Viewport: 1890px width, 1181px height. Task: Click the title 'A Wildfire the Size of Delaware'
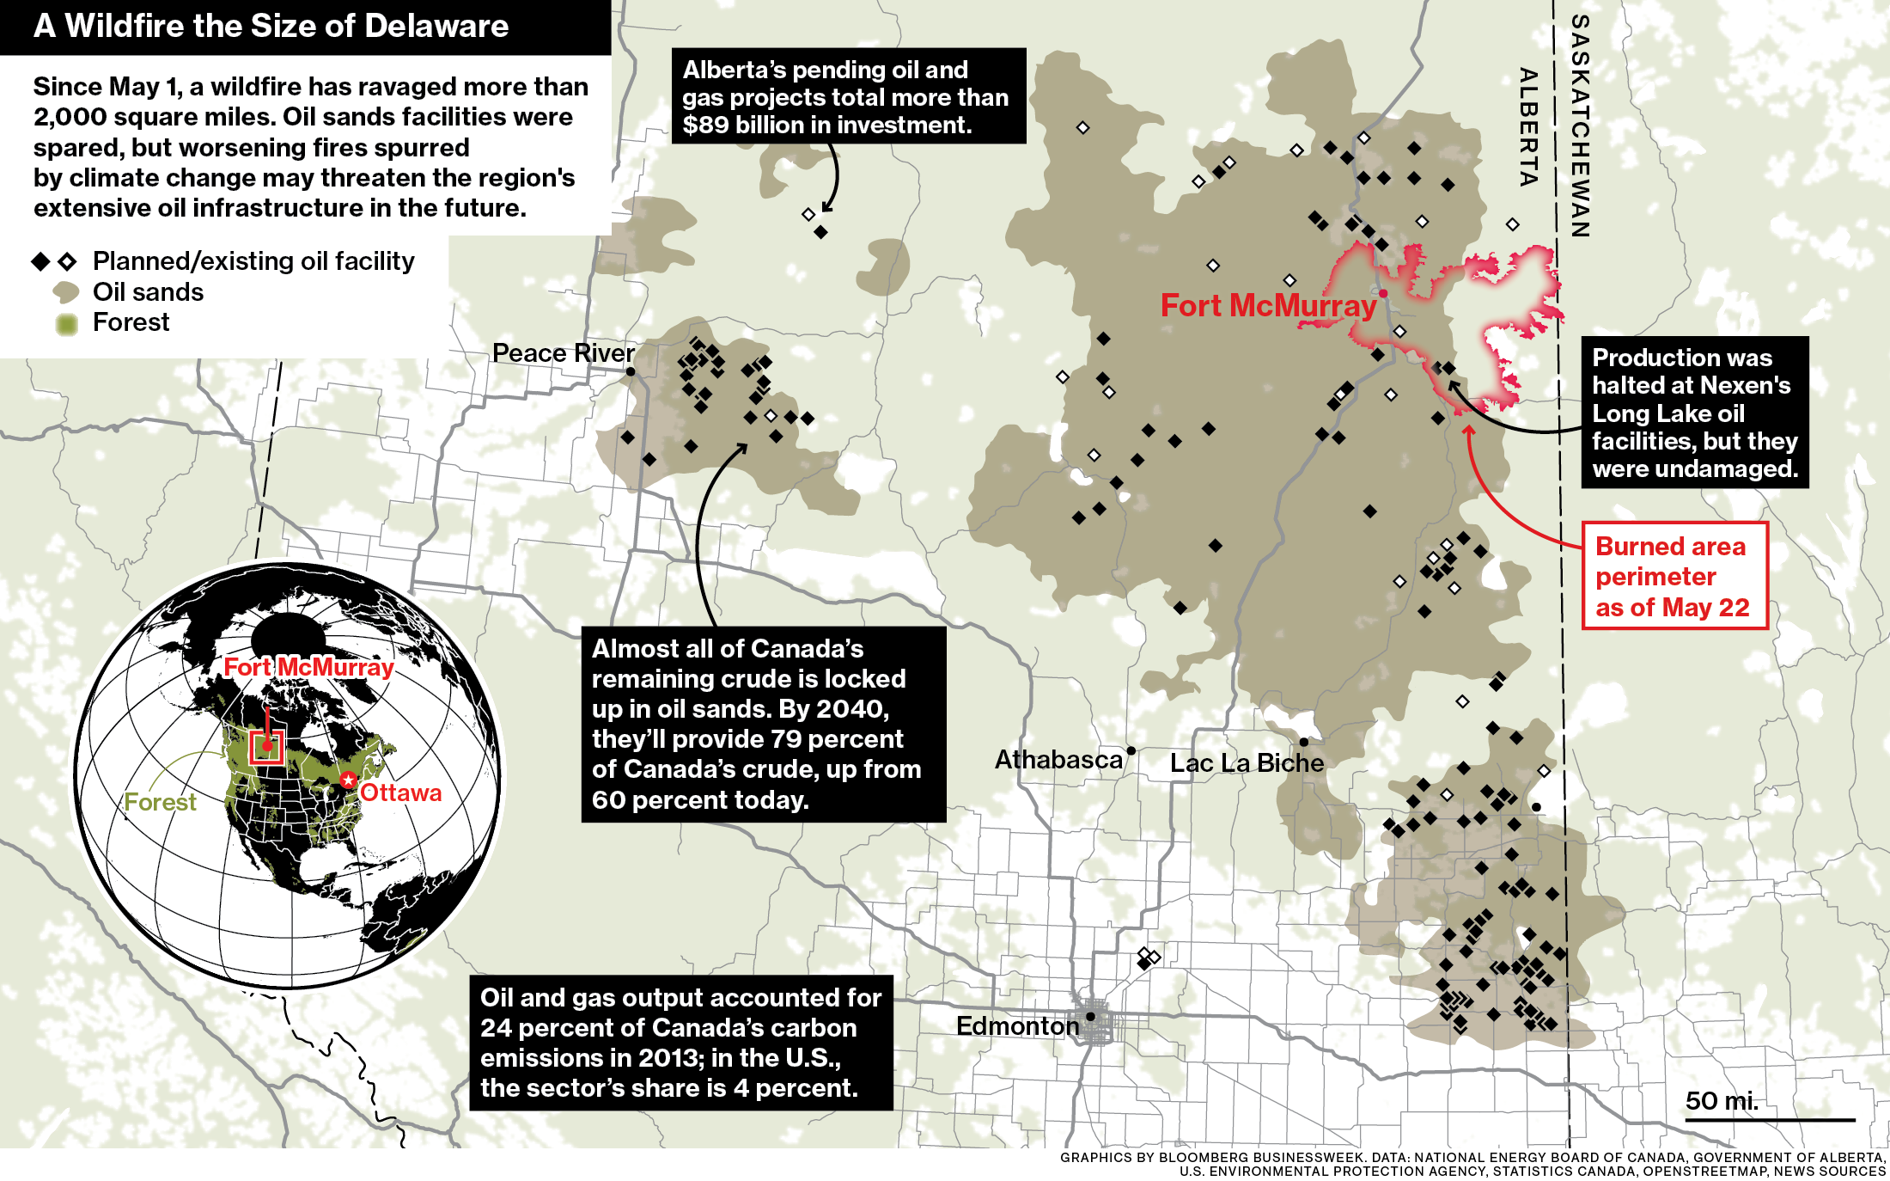click(271, 27)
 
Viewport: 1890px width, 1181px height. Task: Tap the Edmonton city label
click(1017, 1025)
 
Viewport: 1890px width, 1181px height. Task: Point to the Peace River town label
click(563, 353)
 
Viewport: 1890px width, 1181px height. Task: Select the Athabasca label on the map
click(1058, 760)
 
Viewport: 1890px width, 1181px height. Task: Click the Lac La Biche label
click(1247, 763)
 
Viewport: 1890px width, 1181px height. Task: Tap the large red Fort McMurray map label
click(1268, 306)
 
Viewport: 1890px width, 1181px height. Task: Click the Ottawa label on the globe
click(400, 792)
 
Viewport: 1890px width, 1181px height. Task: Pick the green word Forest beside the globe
click(160, 802)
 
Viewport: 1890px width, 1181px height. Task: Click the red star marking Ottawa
click(348, 780)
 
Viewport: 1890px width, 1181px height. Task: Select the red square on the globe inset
click(266, 746)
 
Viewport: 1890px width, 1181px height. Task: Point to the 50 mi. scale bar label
click(1722, 1101)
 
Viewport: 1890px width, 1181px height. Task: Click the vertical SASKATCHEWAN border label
click(1580, 126)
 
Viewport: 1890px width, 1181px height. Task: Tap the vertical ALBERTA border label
click(1527, 126)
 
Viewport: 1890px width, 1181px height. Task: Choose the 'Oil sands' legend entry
click(148, 292)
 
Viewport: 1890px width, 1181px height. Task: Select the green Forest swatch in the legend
click(66, 324)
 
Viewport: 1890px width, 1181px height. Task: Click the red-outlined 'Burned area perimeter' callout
click(1674, 576)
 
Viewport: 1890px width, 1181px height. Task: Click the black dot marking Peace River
click(631, 371)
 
